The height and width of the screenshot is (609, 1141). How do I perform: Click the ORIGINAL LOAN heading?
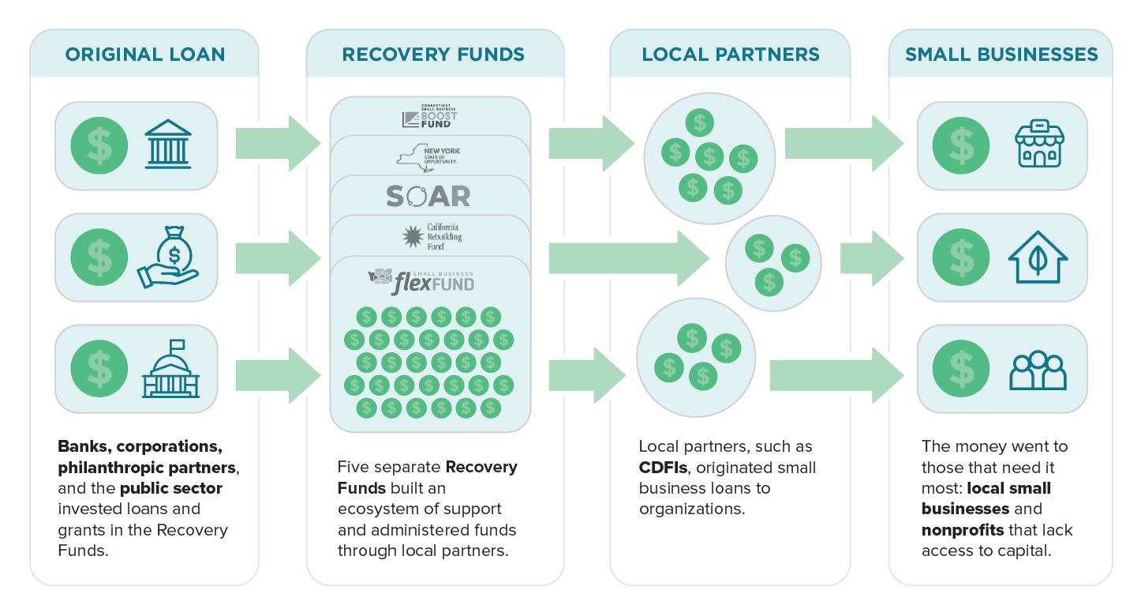144,54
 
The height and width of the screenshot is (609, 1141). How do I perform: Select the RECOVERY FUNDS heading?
433,54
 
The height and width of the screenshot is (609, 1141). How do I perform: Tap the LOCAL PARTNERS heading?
731,54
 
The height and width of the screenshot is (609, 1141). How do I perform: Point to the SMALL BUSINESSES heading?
1001,54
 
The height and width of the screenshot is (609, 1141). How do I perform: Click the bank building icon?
169,146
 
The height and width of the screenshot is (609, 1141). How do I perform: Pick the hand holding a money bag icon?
170,258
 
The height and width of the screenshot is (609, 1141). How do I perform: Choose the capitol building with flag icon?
170,369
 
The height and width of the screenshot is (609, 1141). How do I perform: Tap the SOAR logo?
428,196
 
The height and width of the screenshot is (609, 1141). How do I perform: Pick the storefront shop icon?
1039,145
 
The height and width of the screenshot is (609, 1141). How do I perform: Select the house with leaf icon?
1038,258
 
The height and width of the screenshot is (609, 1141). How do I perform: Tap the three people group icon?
1038,370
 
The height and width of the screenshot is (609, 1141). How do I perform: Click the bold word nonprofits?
957,529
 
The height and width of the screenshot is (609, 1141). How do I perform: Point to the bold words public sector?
170,488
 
